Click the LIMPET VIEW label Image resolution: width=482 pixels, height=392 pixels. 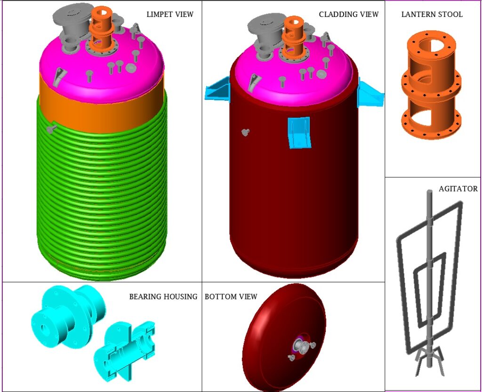click(170, 14)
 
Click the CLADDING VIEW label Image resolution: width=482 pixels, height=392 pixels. click(348, 14)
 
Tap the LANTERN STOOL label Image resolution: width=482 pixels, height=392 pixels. click(432, 14)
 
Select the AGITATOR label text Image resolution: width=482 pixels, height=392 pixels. click(458, 189)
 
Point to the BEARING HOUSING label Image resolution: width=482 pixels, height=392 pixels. click(163, 296)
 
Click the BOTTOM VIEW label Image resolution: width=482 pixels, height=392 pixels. click(231, 296)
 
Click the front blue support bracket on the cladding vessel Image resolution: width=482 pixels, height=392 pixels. click(299, 133)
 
